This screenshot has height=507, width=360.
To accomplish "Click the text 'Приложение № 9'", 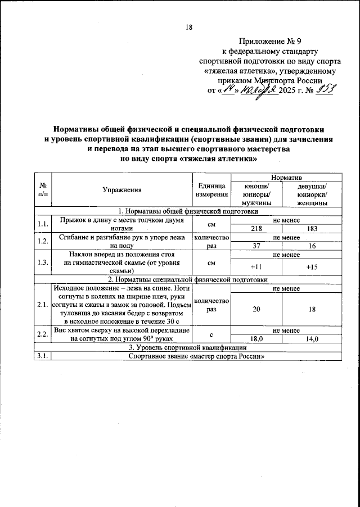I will click(x=271, y=40).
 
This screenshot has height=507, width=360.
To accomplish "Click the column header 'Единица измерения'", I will click(x=211, y=191).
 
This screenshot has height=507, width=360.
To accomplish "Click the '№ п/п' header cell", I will click(x=43, y=191).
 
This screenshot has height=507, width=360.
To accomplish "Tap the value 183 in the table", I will click(x=312, y=229).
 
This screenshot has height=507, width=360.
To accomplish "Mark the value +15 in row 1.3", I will click(x=312, y=267).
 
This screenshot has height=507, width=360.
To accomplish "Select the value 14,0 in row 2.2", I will click(x=312, y=339).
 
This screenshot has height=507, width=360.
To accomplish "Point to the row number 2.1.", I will click(x=43, y=305).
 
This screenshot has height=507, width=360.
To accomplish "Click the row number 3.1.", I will click(x=43, y=356).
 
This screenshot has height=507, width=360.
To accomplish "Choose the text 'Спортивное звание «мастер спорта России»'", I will click(x=196, y=356).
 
